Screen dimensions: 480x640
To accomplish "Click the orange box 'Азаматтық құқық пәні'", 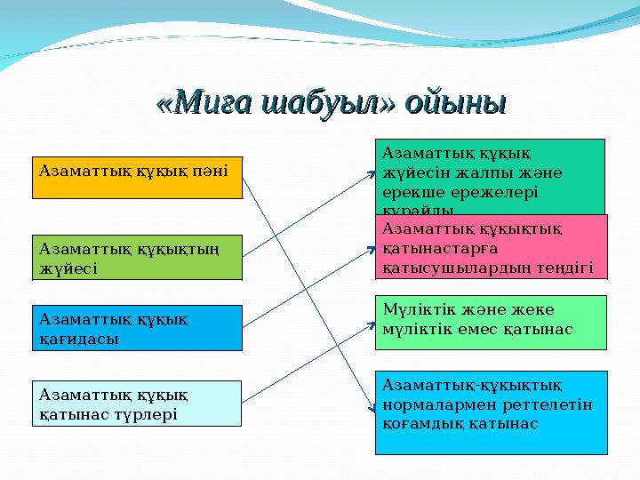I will tap(137, 177).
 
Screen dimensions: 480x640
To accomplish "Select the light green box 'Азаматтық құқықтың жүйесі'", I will tap(137, 257).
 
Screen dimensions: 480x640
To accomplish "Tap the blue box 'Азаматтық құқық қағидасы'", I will tap(137, 327).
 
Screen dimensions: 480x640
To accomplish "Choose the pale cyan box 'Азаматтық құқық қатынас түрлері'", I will tap(137, 404).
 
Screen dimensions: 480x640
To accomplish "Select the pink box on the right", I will tap(491, 246).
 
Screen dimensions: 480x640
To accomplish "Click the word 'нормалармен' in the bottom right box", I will tap(428, 404).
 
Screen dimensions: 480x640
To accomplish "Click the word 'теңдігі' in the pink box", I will tap(567, 268).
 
